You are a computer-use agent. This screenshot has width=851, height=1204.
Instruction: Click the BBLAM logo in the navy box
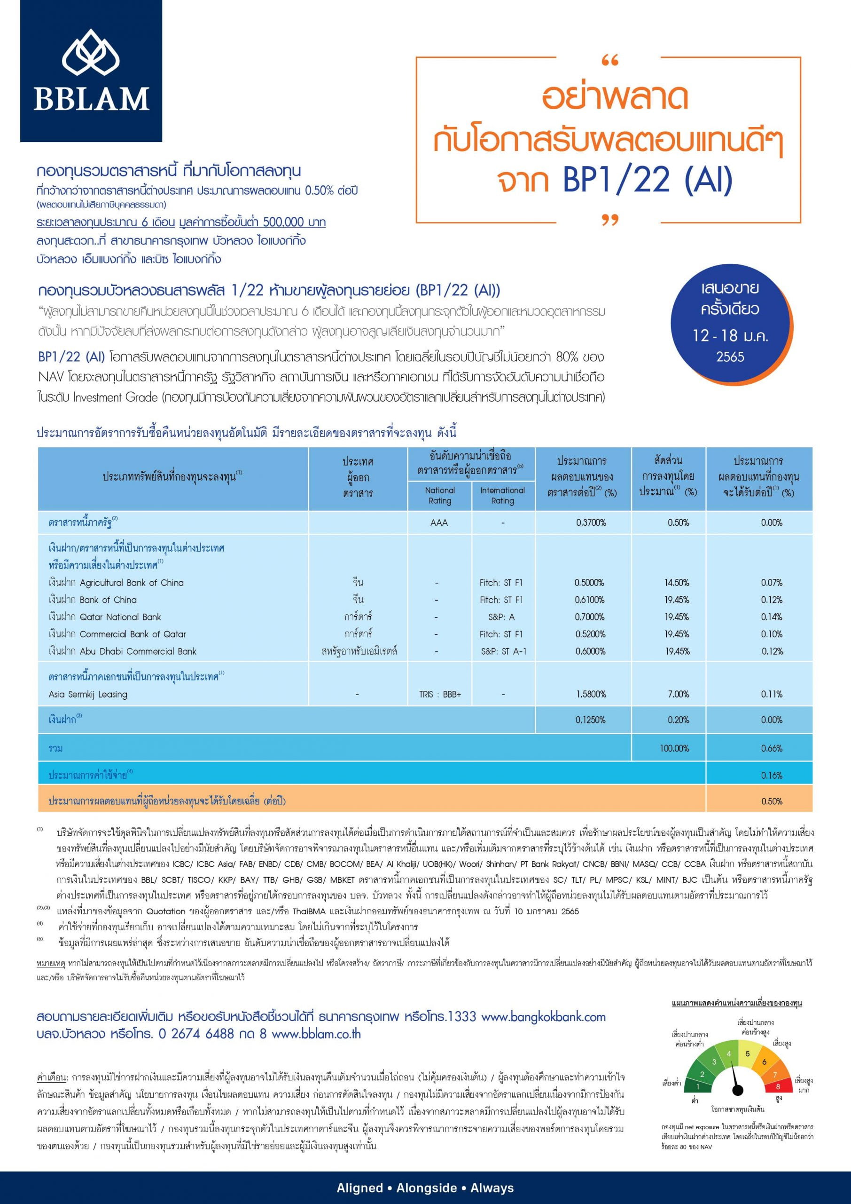[91, 71]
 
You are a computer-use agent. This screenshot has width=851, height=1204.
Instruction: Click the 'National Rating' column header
[440, 495]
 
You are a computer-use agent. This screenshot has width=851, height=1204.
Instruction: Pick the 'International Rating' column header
[502, 495]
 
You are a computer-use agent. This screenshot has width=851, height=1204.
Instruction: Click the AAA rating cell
[439, 523]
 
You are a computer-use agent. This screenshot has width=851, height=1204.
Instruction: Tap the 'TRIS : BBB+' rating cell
[440, 694]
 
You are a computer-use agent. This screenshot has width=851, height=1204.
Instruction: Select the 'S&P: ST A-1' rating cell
[503, 651]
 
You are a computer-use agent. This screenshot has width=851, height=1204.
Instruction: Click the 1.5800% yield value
[590, 694]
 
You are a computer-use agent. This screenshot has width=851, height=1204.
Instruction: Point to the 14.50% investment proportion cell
[677, 583]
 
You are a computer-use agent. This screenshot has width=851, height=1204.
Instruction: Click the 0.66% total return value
[771, 748]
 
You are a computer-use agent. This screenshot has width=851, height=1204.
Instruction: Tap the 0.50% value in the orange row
[771, 801]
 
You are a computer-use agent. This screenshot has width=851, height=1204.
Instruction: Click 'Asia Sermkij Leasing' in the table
[88, 694]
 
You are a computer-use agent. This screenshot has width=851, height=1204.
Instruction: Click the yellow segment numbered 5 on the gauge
[748, 1054]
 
